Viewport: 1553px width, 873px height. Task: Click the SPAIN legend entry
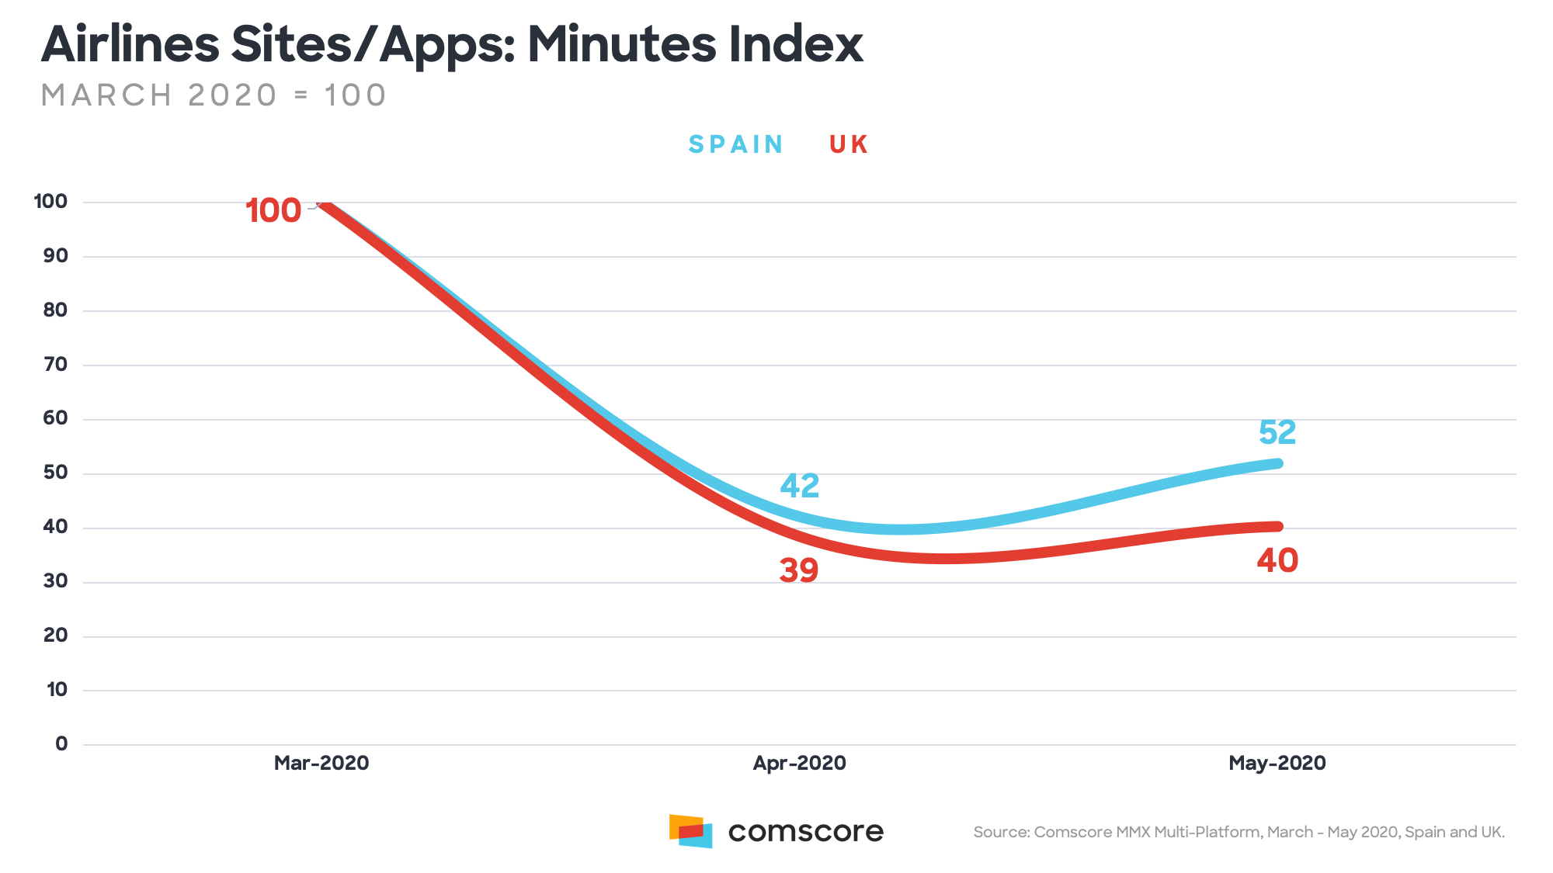coord(735,144)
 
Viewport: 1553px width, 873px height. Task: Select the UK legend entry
coord(848,144)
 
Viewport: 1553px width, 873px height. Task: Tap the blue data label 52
coord(1277,432)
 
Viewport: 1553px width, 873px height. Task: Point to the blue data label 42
coord(800,486)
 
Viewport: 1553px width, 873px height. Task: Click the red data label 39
coord(799,570)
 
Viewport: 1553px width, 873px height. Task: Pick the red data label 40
coord(1277,560)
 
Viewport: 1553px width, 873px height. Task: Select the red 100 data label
coord(273,210)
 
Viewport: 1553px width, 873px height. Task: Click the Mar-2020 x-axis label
coord(321,763)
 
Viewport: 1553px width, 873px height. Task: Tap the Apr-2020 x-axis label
coord(799,763)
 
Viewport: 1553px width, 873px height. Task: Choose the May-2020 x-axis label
coord(1277,763)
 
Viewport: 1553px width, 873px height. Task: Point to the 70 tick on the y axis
coord(55,364)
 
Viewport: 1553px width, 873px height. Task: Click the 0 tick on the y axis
coord(61,743)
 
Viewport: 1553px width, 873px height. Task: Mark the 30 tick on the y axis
coord(55,580)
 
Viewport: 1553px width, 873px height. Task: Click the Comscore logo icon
coord(690,831)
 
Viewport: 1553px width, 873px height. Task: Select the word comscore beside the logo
coord(805,831)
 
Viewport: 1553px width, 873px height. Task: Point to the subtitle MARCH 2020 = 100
coord(214,95)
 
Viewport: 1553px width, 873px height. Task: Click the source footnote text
coord(1239,832)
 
